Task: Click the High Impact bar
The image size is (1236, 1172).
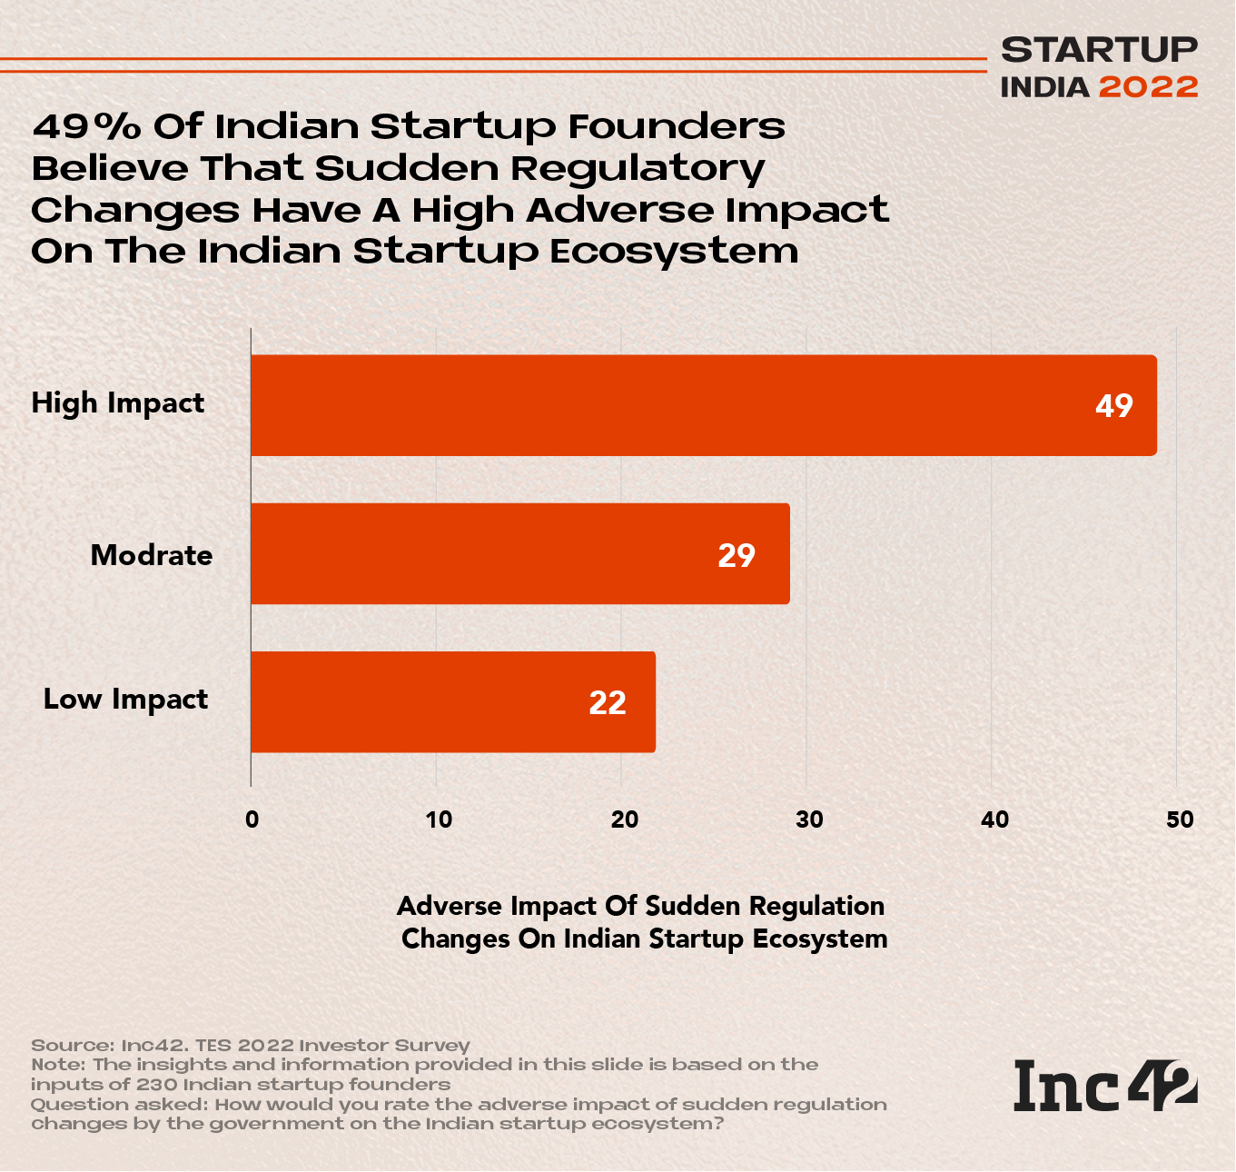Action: pyautogui.click(x=704, y=405)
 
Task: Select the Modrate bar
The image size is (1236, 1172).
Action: pyautogui.click(x=519, y=553)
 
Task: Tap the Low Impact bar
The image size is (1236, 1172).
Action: pyautogui.click(x=452, y=701)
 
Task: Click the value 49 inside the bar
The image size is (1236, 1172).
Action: pyautogui.click(x=1113, y=405)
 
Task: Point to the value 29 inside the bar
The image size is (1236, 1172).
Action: pyautogui.click(x=736, y=555)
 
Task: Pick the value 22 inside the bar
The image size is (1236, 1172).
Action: pyautogui.click(x=608, y=702)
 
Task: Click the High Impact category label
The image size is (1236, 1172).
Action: pyautogui.click(x=118, y=403)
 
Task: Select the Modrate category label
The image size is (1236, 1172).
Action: pyautogui.click(x=152, y=555)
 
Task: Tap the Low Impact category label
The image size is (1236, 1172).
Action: pyautogui.click(x=126, y=700)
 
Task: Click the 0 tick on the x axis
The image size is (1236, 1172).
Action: pyautogui.click(x=252, y=819)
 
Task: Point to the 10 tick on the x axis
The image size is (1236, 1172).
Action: pyautogui.click(x=439, y=819)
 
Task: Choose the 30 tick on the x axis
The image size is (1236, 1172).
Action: pyautogui.click(x=809, y=819)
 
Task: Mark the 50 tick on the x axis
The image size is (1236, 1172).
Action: pyautogui.click(x=1180, y=819)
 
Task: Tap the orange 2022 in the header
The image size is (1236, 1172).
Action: pyautogui.click(x=1148, y=87)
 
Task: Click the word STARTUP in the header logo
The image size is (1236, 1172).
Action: pyautogui.click(x=1099, y=50)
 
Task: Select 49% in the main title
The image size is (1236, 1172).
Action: pyautogui.click(x=86, y=126)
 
